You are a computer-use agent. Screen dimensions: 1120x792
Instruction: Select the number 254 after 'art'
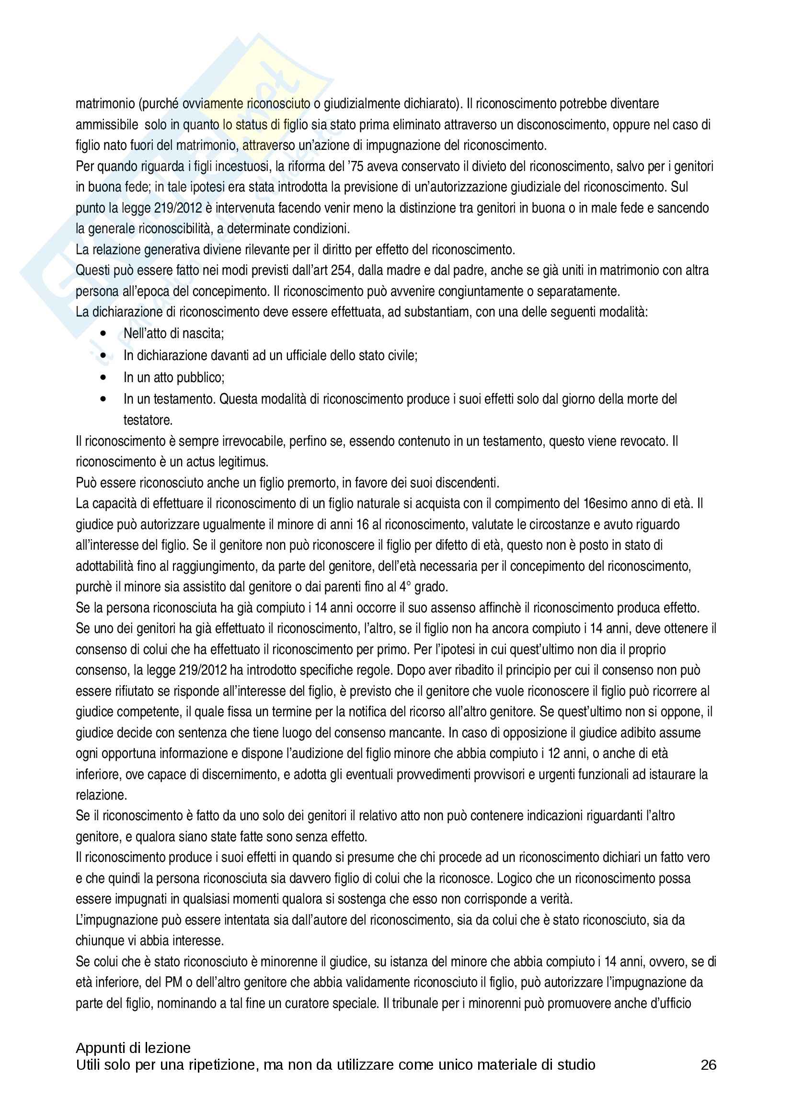(x=342, y=270)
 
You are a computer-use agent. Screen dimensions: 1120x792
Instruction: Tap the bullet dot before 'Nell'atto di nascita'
(x=103, y=334)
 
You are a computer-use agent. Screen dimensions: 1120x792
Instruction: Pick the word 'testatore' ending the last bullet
(x=148, y=420)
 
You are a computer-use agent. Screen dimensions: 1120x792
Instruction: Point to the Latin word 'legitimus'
(x=243, y=462)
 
